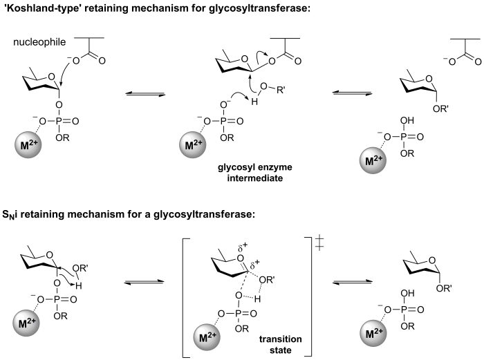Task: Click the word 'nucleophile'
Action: coord(39,42)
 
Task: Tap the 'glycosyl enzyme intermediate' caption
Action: coord(255,173)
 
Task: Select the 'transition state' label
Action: coord(280,345)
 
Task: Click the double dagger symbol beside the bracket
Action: coord(319,243)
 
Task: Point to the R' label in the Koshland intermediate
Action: coord(281,91)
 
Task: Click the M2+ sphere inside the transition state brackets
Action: coord(207,337)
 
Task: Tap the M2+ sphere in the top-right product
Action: coord(373,160)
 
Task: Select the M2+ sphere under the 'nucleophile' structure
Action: coord(28,144)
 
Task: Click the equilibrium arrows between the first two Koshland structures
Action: coord(145,93)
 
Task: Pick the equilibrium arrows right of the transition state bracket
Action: coord(352,282)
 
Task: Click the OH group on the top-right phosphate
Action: coord(407,120)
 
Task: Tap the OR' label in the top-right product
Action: coord(441,108)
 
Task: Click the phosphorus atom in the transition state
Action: coord(238,314)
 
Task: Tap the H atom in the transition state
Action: coord(257,299)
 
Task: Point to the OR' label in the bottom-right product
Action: coord(444,288)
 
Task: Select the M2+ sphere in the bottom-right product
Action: coord(373,333)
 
